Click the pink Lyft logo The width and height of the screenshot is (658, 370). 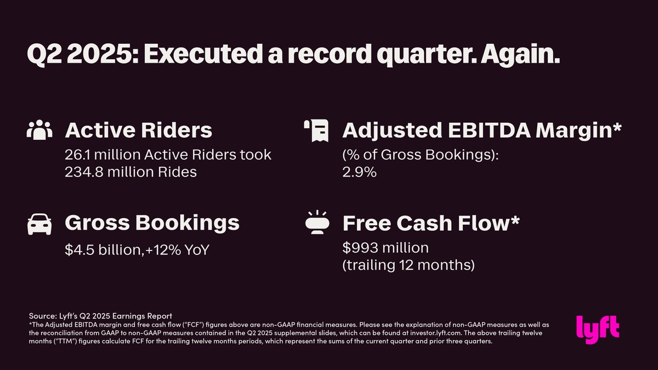point(598,329)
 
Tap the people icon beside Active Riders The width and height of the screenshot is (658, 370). point(39,130)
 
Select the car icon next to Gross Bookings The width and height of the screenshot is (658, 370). point(39,224)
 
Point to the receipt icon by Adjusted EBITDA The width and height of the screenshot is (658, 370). point(316,130)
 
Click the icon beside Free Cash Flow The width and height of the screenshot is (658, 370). point(317,223)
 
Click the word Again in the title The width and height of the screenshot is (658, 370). point(520,55)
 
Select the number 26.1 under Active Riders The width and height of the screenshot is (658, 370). point(77,155)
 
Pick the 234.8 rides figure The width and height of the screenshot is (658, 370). point(84,172)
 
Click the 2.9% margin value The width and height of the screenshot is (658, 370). point(359,172)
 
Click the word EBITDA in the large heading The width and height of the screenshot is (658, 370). point(489,130)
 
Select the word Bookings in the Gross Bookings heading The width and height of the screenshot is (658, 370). point(188,223)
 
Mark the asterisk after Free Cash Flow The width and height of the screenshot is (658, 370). point(514,220)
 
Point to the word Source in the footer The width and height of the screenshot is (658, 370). point(43,316)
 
